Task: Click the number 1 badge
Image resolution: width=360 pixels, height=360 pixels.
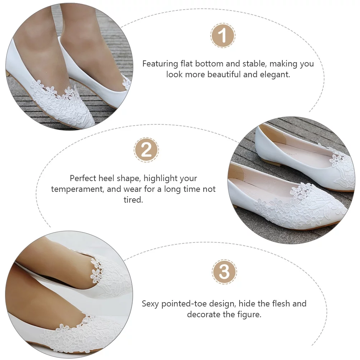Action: (x=223, y=36)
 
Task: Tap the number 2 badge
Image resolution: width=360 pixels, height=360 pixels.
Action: (x=146, y=150)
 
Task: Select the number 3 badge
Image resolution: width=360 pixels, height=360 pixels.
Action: (x=224, y=272)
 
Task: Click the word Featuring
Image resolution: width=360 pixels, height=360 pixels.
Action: (x=160, y=64)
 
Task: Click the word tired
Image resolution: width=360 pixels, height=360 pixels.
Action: (x=133, y=200)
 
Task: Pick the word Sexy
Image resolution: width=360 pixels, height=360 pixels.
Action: (x=151, y=304)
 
